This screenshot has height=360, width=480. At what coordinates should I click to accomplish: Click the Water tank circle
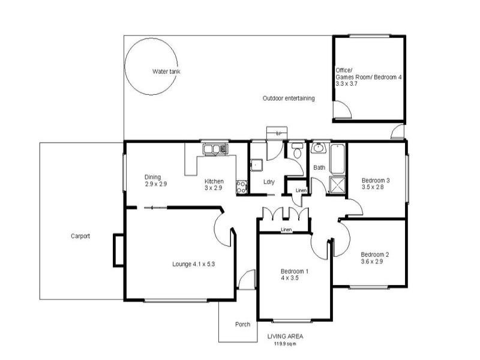[x=151, y=67]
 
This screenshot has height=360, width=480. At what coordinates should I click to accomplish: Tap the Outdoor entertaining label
[x=289, y=98]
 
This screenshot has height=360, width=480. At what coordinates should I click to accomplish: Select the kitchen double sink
[x=214, y=148]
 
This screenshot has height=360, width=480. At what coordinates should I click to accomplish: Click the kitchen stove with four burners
[x=242, y=187]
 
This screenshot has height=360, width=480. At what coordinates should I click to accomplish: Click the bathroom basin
[x=318, y=149]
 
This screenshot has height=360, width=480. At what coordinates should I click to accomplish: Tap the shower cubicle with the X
[x=337, y=186]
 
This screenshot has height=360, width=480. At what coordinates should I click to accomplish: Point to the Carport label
[x=80, y=236]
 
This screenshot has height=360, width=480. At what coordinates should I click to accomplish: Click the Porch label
[x=242, y=325]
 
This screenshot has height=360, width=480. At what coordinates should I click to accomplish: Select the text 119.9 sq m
[x=285, y=344]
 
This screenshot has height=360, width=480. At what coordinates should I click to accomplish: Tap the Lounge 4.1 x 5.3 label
[x=193, y=264]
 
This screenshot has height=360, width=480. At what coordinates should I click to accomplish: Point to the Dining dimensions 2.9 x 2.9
[x=155, y=184]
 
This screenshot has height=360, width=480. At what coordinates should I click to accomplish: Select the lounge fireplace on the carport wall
[x=118, y=250]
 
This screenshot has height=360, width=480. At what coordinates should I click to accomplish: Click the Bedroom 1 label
[x=295, y=271]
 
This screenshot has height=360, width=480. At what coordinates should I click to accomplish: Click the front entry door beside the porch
[x=246, y=280]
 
